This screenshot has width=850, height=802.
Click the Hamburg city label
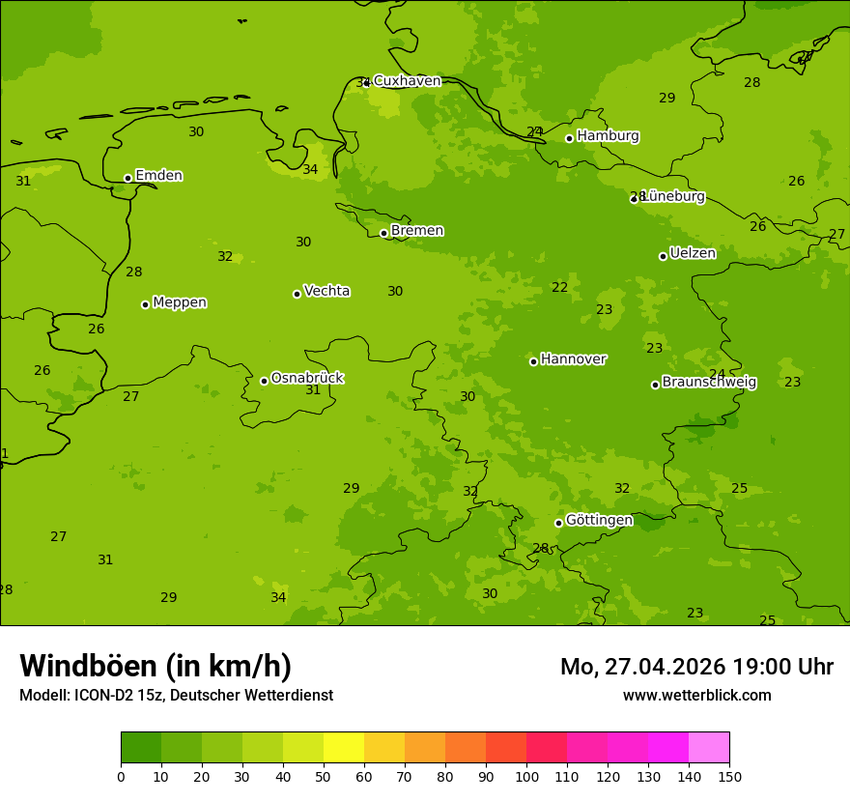point(608,136)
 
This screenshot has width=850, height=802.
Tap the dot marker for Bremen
point(383,233)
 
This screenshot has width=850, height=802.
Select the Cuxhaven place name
point(407,81)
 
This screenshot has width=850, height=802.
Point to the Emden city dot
point(127,178)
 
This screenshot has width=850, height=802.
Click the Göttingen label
point(599,521)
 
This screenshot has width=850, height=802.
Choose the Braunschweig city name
point(709,383)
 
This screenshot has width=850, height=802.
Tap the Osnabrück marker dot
point(264,381)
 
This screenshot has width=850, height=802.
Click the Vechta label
point(326,291)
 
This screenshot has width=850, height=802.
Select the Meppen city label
point(180,302)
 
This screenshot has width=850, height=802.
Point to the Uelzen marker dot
point(663,256)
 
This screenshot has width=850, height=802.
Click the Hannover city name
point(573,359)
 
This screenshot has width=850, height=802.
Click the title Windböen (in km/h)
point(156,666)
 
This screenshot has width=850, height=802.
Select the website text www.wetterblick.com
point(696,695)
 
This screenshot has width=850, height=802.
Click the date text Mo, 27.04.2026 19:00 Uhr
point(696,667)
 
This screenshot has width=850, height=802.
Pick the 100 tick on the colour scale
point(526,775)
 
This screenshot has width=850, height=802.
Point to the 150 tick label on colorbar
point(729,775)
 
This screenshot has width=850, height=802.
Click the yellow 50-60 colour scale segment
point(344,748)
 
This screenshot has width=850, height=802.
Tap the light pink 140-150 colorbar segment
point(709,748)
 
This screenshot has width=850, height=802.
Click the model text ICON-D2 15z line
point(176,695)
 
